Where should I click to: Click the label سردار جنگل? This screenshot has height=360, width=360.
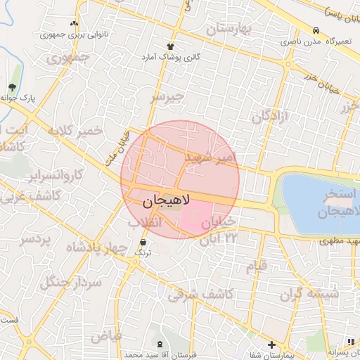tap(71, 282)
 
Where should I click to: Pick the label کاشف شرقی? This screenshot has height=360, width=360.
tap(201, 293)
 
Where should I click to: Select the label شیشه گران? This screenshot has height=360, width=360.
tap(309, 295)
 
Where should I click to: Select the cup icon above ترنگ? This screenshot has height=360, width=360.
tap(143, 242)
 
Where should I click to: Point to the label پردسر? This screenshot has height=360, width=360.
tap(35, 240)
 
